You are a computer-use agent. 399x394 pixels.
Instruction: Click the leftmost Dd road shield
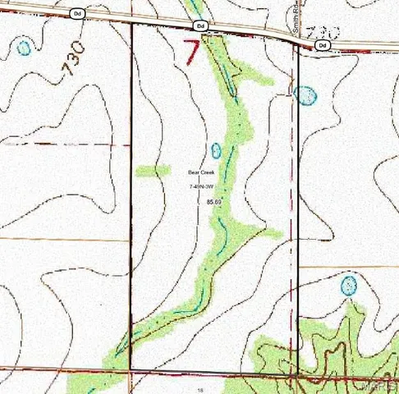tap(78, 14)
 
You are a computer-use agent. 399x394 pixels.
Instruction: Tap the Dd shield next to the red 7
tap(201, 26)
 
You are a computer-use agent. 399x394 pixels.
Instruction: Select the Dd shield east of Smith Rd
tap(322, 45)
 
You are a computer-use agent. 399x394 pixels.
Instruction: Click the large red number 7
tap(191, 52)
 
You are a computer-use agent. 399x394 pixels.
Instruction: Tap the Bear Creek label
tap(200, 172)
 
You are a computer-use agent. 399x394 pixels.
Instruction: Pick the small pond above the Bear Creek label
tap(216, 151)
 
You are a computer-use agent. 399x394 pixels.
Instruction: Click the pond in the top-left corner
tap(24, 47)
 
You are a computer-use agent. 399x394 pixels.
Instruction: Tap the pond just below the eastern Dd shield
tap(305, 95)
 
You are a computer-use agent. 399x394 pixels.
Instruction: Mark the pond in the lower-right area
tap(349, 286)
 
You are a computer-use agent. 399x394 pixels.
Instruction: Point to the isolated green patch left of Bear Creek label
tap(152, 171)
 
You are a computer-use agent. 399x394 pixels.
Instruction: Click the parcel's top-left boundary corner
tap(132, 22)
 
